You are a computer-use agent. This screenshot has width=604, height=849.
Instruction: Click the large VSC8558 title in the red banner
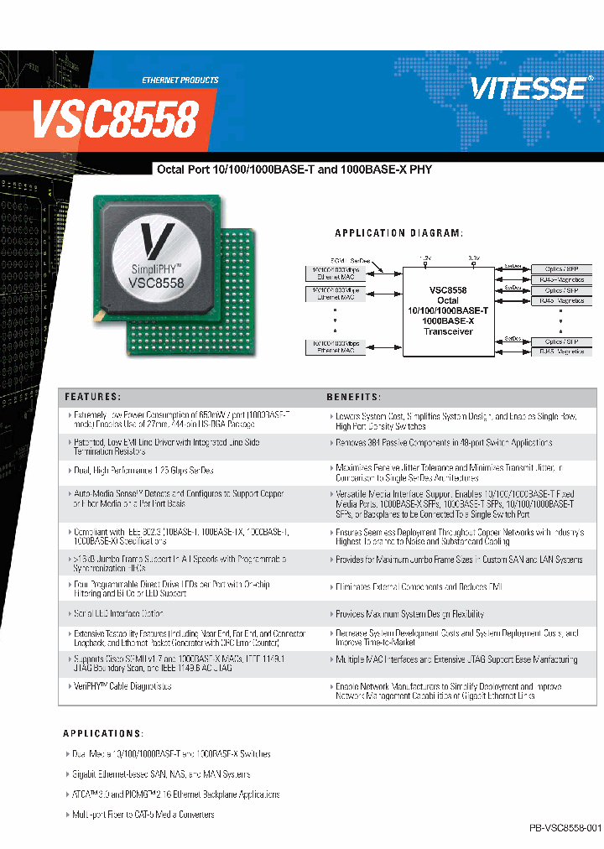point(115,120)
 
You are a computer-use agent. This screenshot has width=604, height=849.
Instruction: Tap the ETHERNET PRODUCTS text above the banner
point(180,80)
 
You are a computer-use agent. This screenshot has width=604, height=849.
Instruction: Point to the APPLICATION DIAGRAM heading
point(398,232)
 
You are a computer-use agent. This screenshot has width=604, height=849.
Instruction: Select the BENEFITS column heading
point(353,396)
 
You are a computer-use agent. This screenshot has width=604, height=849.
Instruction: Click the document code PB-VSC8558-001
point(565,827)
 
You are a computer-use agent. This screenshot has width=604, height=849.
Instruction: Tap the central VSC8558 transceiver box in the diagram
point(447,310)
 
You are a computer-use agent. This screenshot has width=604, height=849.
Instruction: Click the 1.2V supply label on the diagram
point(424,258)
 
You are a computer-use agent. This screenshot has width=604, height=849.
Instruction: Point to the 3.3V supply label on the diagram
point(473,258)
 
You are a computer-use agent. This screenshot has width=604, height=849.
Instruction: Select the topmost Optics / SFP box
point(561,268)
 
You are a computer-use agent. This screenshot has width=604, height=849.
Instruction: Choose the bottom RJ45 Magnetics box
point(561,352)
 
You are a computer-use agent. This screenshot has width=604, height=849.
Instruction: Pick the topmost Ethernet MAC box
point(335,272)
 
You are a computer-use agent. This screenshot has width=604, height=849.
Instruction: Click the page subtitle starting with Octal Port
point(294,169)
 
